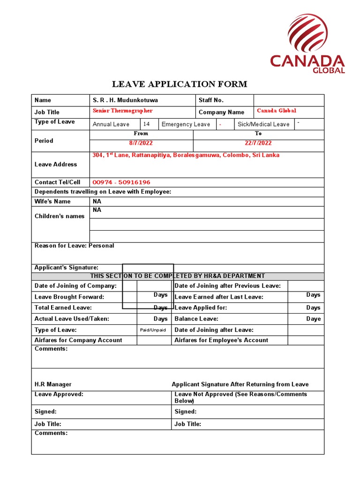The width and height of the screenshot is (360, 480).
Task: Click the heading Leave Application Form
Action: [x=179, y=84]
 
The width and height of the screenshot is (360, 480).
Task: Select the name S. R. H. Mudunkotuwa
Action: [x=125, y=100]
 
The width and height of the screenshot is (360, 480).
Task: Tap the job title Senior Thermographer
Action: [x=123, y=111]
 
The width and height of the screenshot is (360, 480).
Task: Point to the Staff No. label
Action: [x=211, y=100]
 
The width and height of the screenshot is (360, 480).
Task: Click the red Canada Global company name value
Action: [x=277, y=111]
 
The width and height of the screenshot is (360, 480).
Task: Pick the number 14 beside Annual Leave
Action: [x=147, y=124]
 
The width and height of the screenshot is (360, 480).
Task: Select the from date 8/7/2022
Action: [x=141, y=143]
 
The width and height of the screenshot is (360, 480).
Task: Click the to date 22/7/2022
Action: [x=258, y=143]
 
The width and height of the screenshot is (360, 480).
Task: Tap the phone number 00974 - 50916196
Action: [x=121, y=182]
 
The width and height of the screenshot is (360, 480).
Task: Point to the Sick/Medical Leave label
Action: [x=263, y=124]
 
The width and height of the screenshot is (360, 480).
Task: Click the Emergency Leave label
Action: [x=186, y=124]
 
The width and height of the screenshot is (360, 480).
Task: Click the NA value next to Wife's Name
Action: [x=97, y=202]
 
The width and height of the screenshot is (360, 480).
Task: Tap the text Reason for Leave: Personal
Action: [x=74, y=246]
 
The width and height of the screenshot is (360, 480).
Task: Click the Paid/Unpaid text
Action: [x=153, y=330]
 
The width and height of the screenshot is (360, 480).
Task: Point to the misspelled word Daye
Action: [x=314, y=319]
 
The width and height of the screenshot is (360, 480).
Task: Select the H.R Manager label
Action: [x=53, y=384]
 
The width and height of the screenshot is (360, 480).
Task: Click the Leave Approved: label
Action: [x=59, y=394]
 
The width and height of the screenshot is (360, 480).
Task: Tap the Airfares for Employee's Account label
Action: [x=221, y=340]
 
